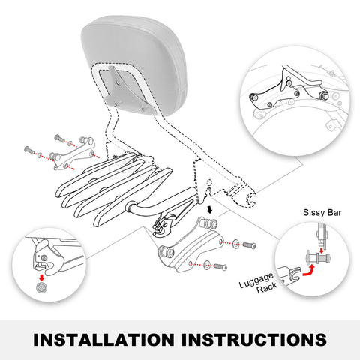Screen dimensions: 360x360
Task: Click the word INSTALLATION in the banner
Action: coord(103,340)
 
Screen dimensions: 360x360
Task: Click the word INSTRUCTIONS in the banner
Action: coord(254,340)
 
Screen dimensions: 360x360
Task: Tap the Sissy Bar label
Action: coord(322,213)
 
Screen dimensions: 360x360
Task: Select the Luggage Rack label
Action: coord(257,283)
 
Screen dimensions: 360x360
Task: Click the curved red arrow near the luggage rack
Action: coord(310,271)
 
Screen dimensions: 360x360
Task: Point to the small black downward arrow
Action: coord(210,210)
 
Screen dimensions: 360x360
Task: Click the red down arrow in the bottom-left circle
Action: coord(41,277)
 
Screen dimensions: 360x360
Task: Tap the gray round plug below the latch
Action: coord(41,287)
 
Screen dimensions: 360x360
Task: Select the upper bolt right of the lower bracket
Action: coord(249,245)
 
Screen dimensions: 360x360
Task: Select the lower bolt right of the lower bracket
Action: coord(220,267)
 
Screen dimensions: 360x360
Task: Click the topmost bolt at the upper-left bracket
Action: coord(59,138)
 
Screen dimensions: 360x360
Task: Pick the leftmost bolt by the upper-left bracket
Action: coord(30,150)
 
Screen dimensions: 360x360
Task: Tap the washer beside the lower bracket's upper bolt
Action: coord(235,244)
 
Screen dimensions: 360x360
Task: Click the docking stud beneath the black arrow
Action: coord(208,223)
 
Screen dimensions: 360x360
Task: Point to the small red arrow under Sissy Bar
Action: coord(322,250)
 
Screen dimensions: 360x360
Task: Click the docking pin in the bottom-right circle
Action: coord(318,257)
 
